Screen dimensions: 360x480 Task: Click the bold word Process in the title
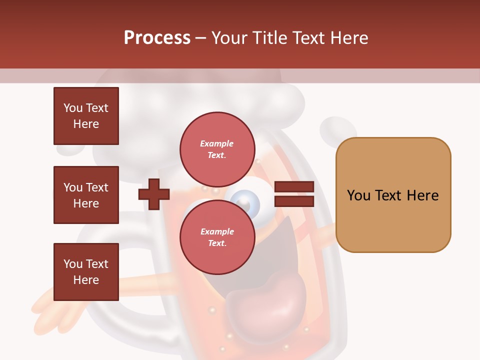click(157, 38)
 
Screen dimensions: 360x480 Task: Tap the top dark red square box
click(86, 116)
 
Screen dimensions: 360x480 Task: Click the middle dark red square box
click(86, 195)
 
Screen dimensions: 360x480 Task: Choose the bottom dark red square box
click(86, 272)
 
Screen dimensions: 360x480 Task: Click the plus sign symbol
click(154, 194)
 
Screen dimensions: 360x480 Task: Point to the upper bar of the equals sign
click(294, 187)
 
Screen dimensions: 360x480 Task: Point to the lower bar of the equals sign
click(294, 201)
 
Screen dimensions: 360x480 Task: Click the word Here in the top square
click(86, 124)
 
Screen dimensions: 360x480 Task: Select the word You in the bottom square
click(72, 264)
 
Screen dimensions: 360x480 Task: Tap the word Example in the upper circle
click(217, 143)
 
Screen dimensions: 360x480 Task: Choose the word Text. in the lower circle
click(217, 243)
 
